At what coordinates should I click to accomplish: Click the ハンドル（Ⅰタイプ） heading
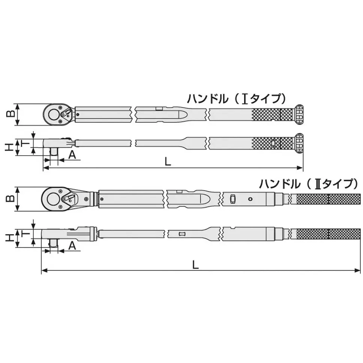coord(237,99)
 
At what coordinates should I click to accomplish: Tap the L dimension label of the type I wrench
coord(168,161)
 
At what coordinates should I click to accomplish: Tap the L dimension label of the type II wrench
coord(196,264)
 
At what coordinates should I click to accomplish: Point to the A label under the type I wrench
coord(72,154)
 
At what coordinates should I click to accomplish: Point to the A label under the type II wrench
coord(72,246)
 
